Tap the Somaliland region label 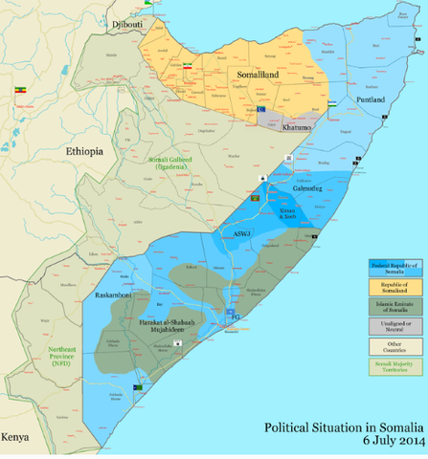256,74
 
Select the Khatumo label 297,127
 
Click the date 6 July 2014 393,441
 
